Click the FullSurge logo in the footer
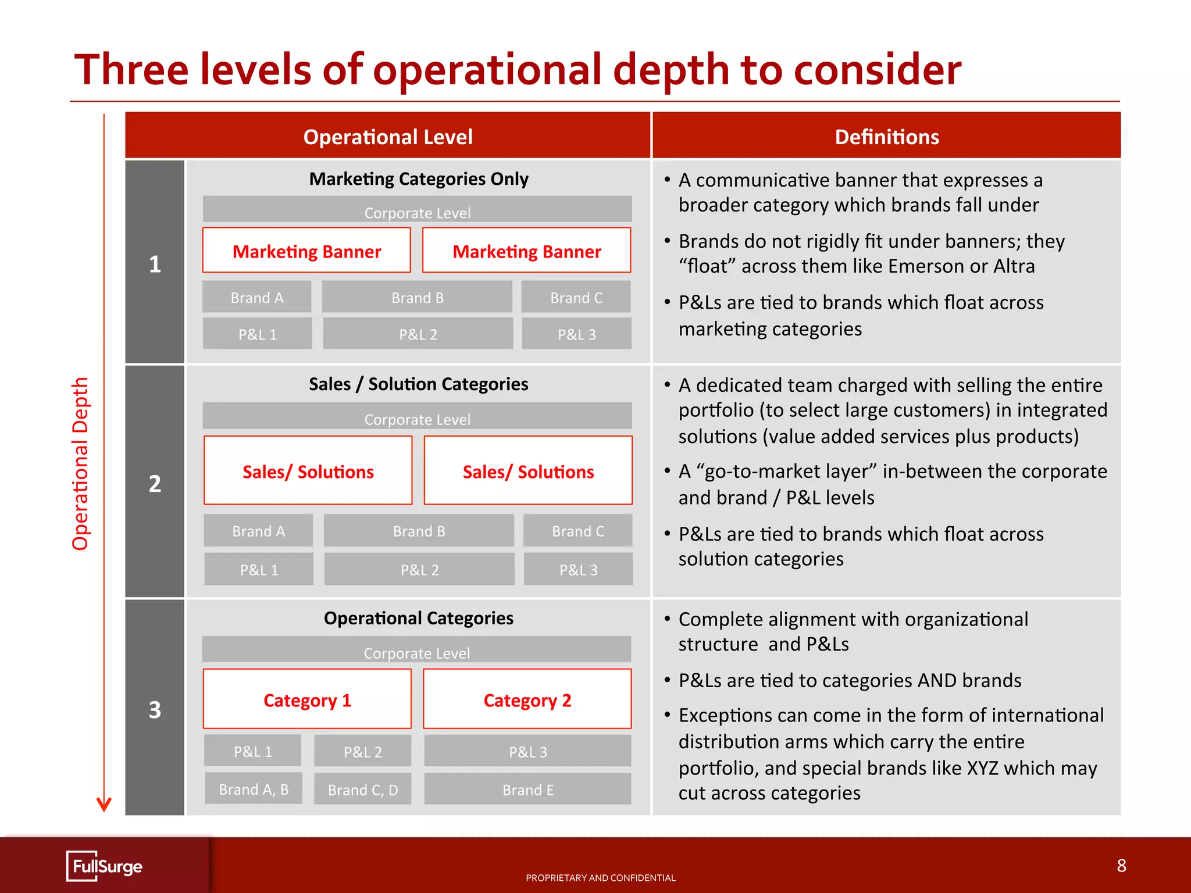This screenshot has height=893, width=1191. (105, 866)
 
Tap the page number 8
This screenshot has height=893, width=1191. (1121, 866)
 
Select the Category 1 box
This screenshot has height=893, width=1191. (307, 699)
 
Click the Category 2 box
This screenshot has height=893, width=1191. (527, 699)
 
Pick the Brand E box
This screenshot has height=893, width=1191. (527, 789)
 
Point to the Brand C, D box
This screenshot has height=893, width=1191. (363, 789)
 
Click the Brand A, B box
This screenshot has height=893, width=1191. (254, 788)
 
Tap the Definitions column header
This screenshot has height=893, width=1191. (886, 136)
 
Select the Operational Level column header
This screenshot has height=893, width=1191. (388, 136)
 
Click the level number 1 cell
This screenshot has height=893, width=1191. (155, 263)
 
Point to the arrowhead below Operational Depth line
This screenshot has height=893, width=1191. (104, 805)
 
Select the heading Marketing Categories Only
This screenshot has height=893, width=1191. (419, 178)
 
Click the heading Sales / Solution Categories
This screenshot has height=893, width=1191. (419, 384)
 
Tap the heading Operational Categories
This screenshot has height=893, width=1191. (419, 617)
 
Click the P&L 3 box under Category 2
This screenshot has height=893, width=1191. (527, 751)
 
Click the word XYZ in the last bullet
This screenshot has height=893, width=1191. (982, 767)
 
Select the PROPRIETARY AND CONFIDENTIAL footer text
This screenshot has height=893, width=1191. (601, 877)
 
